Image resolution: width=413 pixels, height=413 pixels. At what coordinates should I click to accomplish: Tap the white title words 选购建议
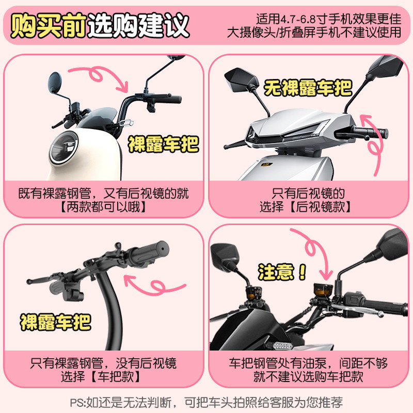(x=138, y=25)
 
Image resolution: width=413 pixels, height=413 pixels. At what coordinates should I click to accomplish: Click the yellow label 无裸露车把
(x=308, y=88)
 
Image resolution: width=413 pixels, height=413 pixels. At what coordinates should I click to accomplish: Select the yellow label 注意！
(x=282, y=272)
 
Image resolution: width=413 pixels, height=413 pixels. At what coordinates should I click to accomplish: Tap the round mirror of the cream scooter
(x=55, y=83)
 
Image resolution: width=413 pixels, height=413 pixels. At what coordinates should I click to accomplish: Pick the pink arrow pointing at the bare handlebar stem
(x=155, y=286)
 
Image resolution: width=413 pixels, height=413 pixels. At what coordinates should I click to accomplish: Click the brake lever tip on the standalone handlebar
(x=29, y=281)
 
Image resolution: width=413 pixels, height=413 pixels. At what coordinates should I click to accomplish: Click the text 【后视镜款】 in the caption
(x=320, y=207)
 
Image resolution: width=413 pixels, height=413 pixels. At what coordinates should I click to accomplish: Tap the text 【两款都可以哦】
(x=103, y=207)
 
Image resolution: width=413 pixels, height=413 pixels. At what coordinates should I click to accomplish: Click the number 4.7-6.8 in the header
(x=298, y=19)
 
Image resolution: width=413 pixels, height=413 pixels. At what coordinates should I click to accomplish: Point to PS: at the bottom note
(x=78, y=403)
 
